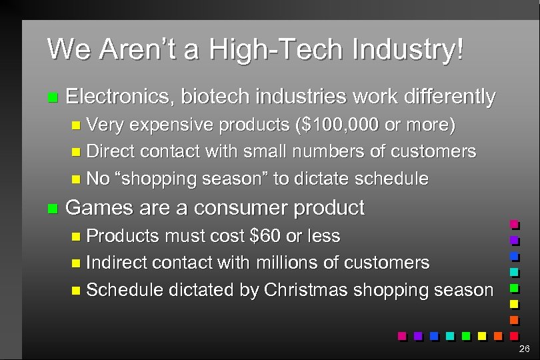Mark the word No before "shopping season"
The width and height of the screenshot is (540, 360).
[x=98, y=179]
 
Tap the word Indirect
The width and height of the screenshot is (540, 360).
[x=117, y=263]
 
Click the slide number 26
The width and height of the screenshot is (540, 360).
[x=523, y=349]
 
